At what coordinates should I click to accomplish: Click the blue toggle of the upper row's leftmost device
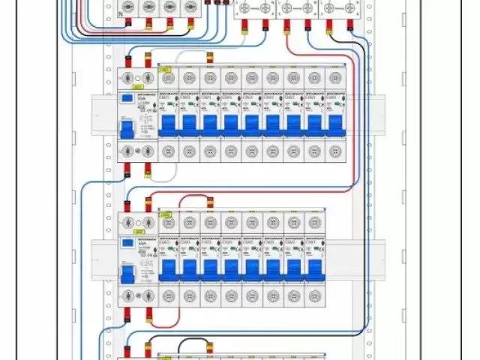127,129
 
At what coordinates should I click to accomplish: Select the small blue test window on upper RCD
127,98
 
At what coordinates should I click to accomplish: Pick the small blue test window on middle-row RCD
127,243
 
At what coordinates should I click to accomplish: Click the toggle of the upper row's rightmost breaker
335,121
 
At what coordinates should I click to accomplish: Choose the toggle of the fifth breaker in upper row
251,121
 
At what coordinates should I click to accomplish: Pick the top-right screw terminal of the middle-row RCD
148,223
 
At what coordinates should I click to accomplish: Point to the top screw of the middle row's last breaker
314,223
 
